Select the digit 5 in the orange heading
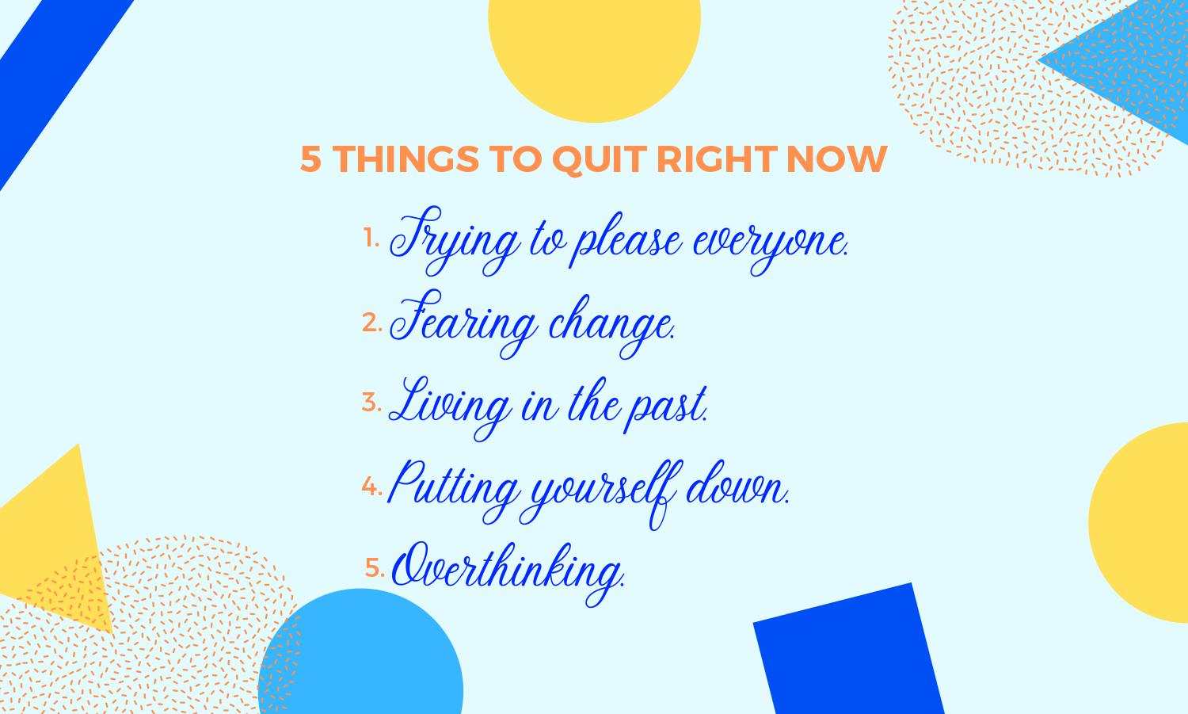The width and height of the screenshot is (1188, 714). pos(310,158)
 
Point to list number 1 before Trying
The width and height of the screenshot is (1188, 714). pos(371,237)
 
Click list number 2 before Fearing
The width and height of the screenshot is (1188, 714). pos(372,322)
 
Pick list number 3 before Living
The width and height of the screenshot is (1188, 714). pos(371,402)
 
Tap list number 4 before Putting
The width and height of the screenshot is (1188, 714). pos(372,486)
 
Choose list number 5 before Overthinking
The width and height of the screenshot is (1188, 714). pos(375,567)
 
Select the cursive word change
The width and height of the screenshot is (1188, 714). pos(611,325)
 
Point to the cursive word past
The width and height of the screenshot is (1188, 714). pos(666,409)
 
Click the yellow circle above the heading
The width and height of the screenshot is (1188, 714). pos(595,53)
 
